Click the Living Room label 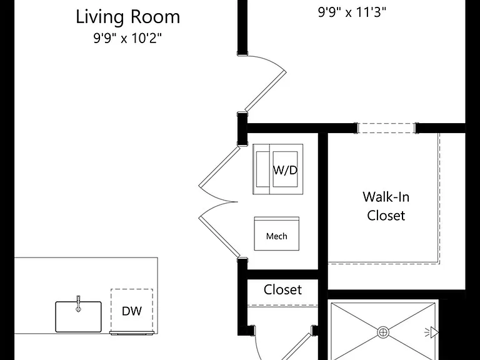[x=127, y=17]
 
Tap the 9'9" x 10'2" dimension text [x=127, y=39]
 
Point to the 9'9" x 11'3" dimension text [x=352, y=12]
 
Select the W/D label [x=285, y=170]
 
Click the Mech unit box [x=277, y=234]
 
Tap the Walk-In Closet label [x=386, y=206]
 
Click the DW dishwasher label [x=132, y=311]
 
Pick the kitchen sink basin [x=78, y=317]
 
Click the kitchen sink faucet [x=78, y=303]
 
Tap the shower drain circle [x=383, y=332]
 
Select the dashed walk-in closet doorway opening [x=386, y=128]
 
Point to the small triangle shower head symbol [x=434, y=332]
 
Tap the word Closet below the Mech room [x=282, y=289]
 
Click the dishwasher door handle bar [x=132, y=333]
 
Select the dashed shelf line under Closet [x=282, y=305]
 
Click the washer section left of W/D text [x=262, y=169]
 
